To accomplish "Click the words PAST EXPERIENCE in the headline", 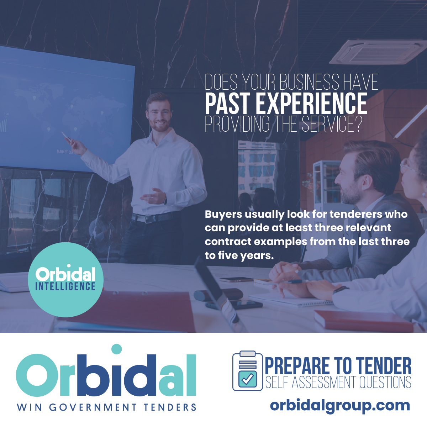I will coord(286,103).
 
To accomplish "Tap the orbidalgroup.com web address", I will coord(340,405).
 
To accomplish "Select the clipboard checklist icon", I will coord(247,371).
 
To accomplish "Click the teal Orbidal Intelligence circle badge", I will coord(65,280).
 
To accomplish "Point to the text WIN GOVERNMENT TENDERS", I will coord(107,407).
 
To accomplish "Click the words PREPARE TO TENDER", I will coord(338,366).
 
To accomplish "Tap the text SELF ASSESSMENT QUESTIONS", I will coord(338,383).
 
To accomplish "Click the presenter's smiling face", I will coord(159,114).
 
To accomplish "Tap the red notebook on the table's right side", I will coord(363,320).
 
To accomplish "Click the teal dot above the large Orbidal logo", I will coord(116,349).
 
